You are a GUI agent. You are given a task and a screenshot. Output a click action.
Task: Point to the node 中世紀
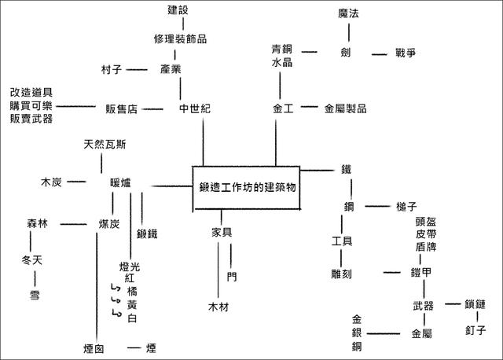pos(195,108)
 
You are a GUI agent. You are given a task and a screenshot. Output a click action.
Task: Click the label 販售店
pos(122,108)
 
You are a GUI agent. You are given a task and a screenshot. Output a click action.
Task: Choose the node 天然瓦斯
pos(105,145)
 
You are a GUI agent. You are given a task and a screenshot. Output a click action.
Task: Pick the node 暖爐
pos(121,182)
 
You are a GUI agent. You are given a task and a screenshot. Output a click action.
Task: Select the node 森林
pos(37,224)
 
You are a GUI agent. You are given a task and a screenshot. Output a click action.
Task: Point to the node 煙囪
pos(94,347)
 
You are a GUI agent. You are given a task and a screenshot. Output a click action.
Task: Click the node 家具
pos(222,232)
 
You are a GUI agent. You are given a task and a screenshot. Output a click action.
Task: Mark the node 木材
pos(218,307)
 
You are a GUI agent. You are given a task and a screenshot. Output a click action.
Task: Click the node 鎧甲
pos(421,273)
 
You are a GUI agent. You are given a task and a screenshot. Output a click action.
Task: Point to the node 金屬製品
pos(346,108)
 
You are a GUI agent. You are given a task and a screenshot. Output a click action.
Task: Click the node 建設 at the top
pos(179,10)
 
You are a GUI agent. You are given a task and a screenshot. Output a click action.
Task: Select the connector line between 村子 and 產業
pos(135,69)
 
